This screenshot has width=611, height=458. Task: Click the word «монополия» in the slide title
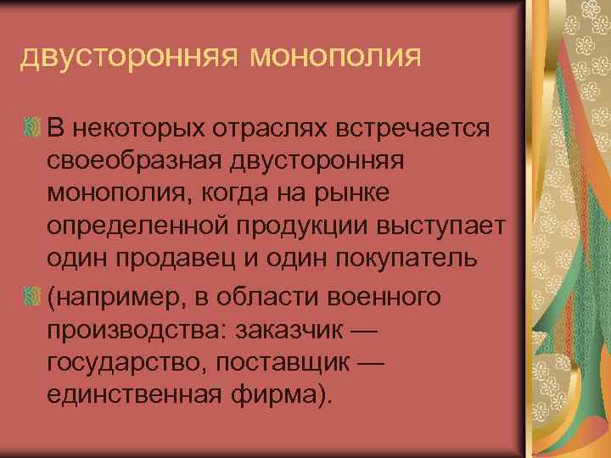(x=336, y=57)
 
